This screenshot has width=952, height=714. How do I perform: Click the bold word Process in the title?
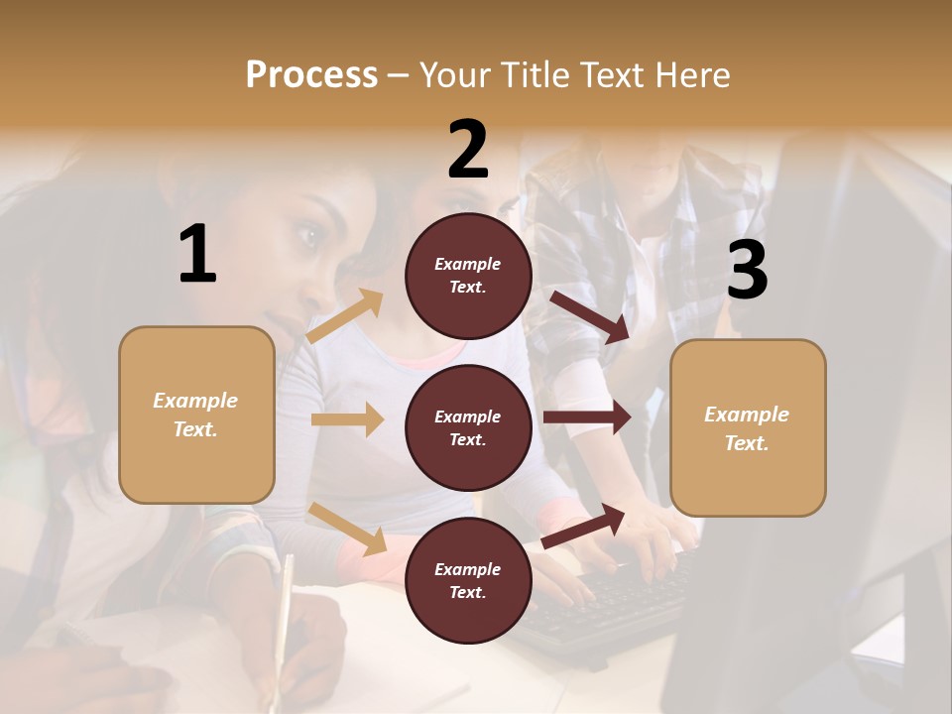tap(311, 74)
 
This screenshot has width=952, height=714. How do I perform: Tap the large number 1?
tap(197, 255)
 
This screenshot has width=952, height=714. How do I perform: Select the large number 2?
tap(468, 150)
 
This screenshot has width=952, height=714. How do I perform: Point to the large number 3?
tap(747, 271)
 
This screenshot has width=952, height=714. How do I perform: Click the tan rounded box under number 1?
tap(196, 415)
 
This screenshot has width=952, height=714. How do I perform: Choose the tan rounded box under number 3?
tap(748, 428)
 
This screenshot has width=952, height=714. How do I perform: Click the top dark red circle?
tap(468, 276)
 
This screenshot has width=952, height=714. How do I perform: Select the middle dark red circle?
tap(468, 428)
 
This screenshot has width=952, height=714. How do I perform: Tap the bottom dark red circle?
tap(468, 581)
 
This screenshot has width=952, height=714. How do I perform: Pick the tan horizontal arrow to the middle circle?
tap(347, 419)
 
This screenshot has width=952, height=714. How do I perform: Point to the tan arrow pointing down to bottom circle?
tap(348, 528)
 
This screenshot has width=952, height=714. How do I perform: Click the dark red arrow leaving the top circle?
tap(591, 316)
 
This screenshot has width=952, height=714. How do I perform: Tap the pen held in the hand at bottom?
tap(286, 605)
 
